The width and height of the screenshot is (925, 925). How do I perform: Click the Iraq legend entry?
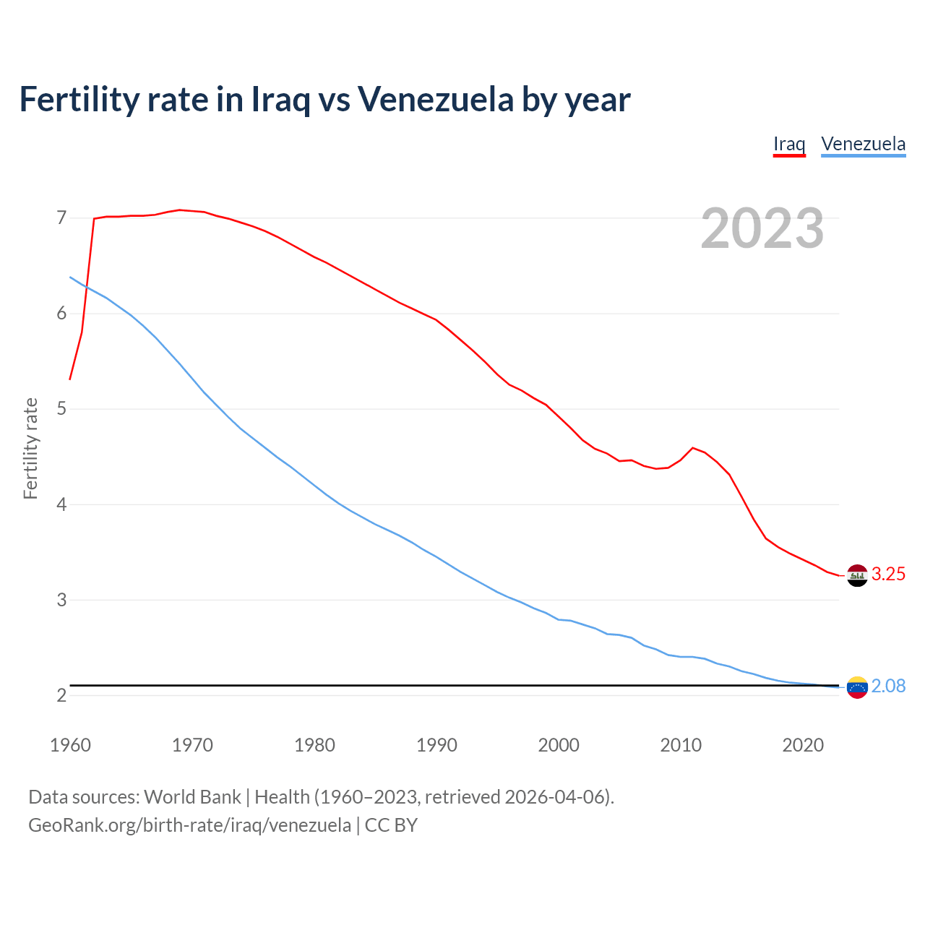(x=789, y=144)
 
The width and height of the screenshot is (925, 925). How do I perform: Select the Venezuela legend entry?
(x=863, y=144)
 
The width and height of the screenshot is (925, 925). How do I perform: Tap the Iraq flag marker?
(x=857, y=575)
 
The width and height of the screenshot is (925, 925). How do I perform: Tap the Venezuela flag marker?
(x=857, y=687)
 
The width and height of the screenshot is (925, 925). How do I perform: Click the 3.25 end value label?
(x=888, y=575)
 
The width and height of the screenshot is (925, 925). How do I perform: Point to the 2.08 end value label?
(x=888, y=687)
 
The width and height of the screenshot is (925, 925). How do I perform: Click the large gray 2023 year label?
(x=762, y=228)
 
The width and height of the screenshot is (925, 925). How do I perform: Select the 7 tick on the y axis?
(x=61, y=218)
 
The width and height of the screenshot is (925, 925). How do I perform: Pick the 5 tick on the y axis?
(x=61, y=409)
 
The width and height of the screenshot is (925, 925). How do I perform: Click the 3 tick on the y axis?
(x=61, y=600)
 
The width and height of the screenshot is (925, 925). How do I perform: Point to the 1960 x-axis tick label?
(x=70, y=745)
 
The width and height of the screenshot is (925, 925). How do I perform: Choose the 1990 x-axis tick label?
(x=436, y=745)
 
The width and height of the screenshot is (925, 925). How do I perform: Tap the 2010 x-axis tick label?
(x=681, y=745)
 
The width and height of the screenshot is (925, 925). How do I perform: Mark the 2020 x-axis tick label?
(x=803, y=745)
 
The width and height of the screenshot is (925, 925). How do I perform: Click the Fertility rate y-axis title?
(x=30, y=448)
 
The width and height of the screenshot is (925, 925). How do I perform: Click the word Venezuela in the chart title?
(x=436, y=99)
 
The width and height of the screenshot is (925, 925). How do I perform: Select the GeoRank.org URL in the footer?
(x=189, y=825)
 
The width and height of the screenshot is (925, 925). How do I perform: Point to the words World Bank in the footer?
(x=192, y=797)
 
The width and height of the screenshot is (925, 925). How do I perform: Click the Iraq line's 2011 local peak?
(x=693, y=448)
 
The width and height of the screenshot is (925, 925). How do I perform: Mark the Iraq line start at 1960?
(x=70, y=379)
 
